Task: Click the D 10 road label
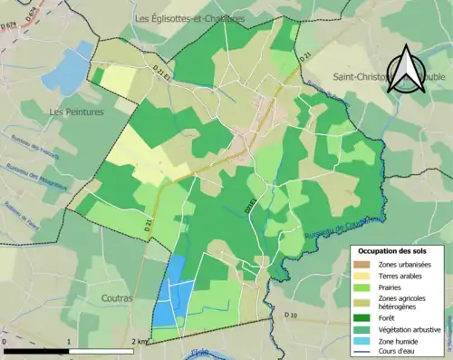[x=290, y=315]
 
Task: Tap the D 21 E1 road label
[x=162, y=72]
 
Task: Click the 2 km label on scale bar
[x=137, y=341]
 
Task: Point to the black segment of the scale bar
[x=35, y=350]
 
